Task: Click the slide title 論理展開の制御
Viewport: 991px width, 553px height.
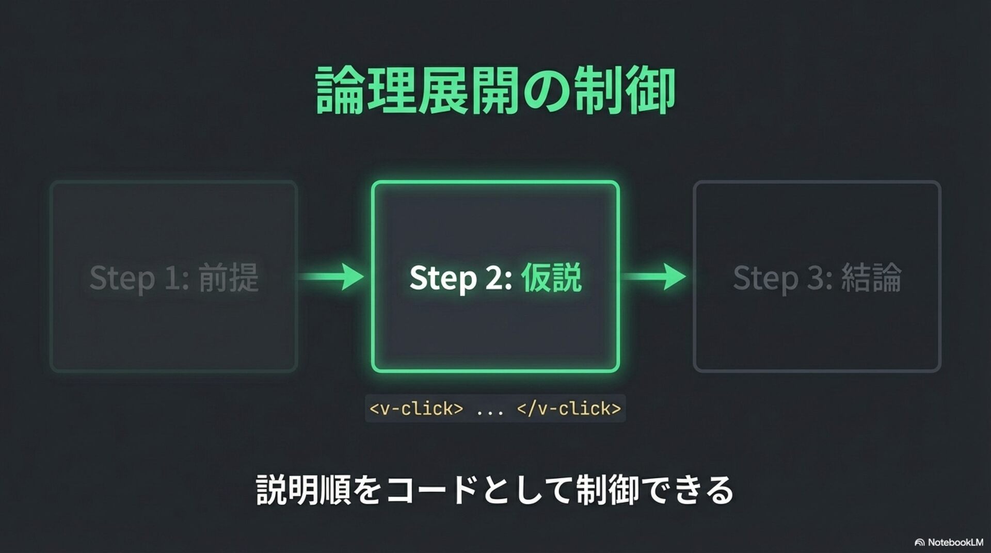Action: coord(495,91)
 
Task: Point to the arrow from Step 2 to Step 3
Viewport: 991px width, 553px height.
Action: coord(653,276)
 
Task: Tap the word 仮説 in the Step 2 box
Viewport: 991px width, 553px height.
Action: coord(551,278)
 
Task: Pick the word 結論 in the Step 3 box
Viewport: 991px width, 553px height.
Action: coord(871,278)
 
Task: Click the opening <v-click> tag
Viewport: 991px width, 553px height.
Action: coord(416,409)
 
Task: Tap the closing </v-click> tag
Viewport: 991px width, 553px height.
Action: coord(569,409)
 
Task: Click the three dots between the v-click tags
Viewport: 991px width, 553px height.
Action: coord(490,410)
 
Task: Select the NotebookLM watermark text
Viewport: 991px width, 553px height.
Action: coord(955,542)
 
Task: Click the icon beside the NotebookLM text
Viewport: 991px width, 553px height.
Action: coord(919,542)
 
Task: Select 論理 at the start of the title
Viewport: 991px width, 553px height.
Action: coord(366,91)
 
